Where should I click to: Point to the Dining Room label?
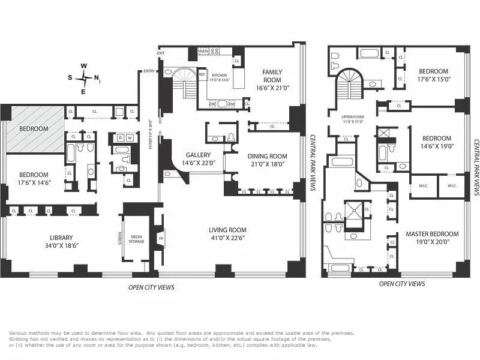268,160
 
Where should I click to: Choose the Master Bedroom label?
432,238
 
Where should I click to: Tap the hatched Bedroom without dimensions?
34,129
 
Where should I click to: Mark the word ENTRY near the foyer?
149,71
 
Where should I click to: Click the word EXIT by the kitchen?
161,53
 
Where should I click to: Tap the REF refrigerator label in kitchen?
202,74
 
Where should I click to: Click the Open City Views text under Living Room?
151,287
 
